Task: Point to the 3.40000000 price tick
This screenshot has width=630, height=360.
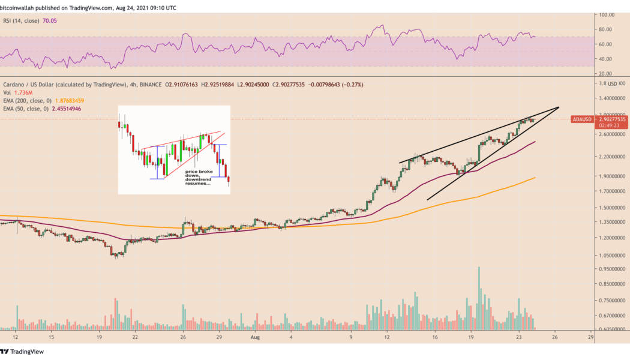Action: pyautogui.click(x=612, y=98)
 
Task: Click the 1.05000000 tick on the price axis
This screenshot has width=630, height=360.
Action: pyautogui.click(x=612, y=255)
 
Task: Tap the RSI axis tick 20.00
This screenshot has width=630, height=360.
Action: pyautogui.click(x=608, y=73)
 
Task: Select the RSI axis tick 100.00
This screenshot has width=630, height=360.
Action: pyautogui.click(x=608, y=14)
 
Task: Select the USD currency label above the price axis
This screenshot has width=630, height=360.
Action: pyautogui.click(x=613, y=83)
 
